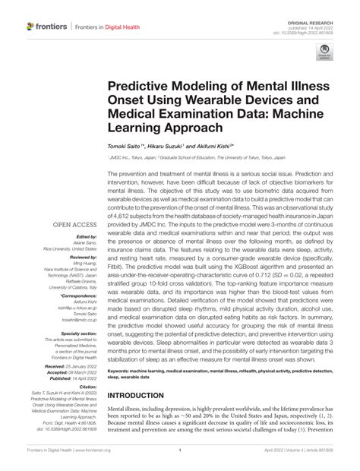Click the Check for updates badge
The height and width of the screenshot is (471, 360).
click(x=325, y=52)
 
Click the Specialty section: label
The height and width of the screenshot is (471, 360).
click(x=74, y=333)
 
